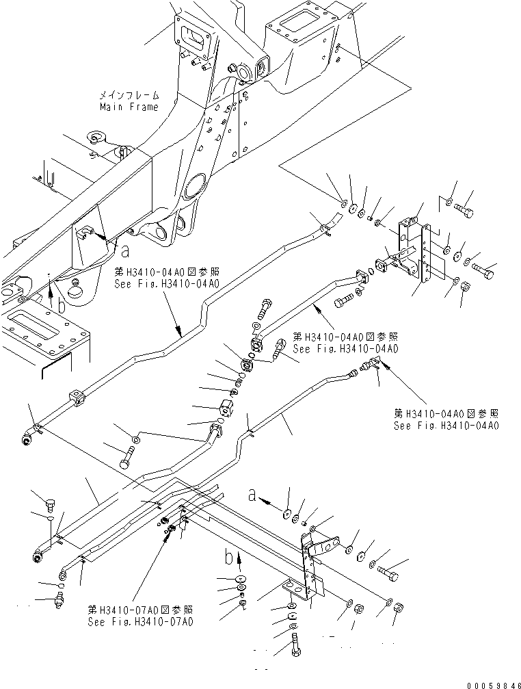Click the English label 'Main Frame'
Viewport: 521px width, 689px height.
pos(129,107)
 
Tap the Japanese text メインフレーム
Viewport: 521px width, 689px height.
pos(129,96)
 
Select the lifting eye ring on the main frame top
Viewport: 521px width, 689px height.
pos(96,140)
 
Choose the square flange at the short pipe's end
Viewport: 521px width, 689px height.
pos(360,277)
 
